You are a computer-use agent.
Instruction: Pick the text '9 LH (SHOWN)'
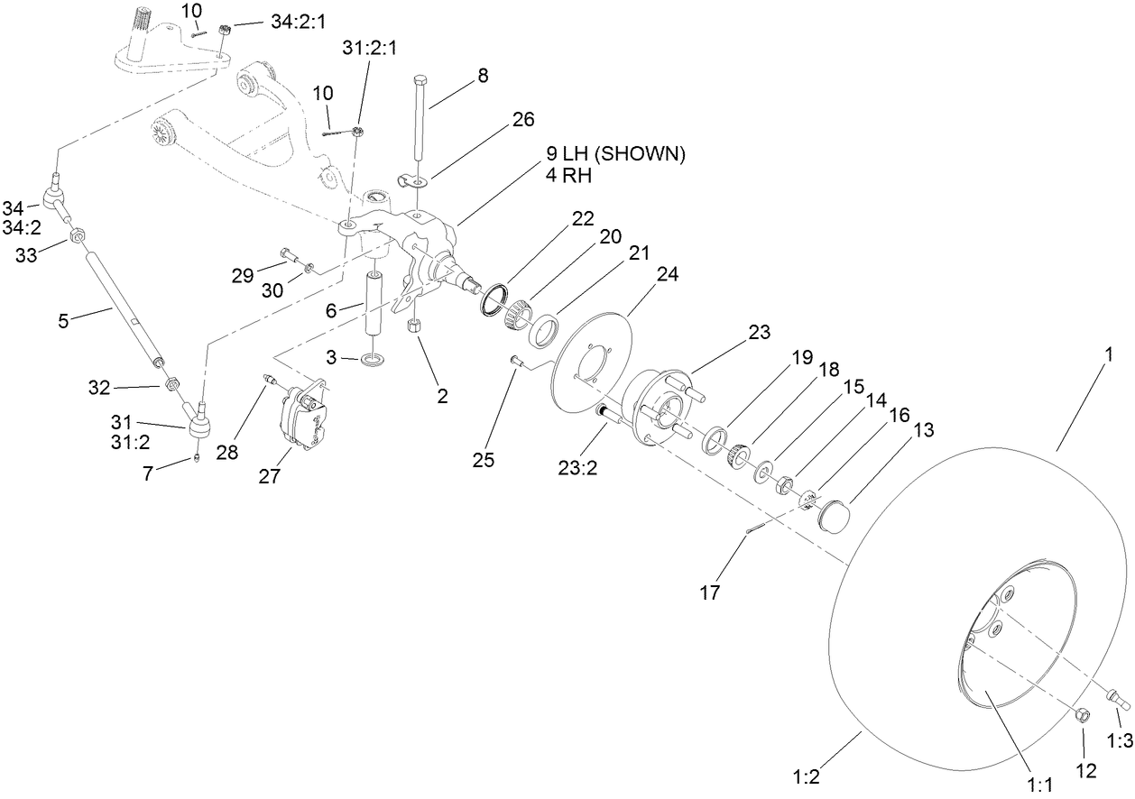pos(615,154)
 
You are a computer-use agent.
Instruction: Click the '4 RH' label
pos(567,177)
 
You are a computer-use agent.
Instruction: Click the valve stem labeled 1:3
pos(1119,699)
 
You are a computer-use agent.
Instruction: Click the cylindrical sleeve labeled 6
pos(375,302)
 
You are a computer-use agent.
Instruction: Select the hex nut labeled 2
pos(416,326)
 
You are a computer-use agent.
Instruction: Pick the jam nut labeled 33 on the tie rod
pos(78,236)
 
